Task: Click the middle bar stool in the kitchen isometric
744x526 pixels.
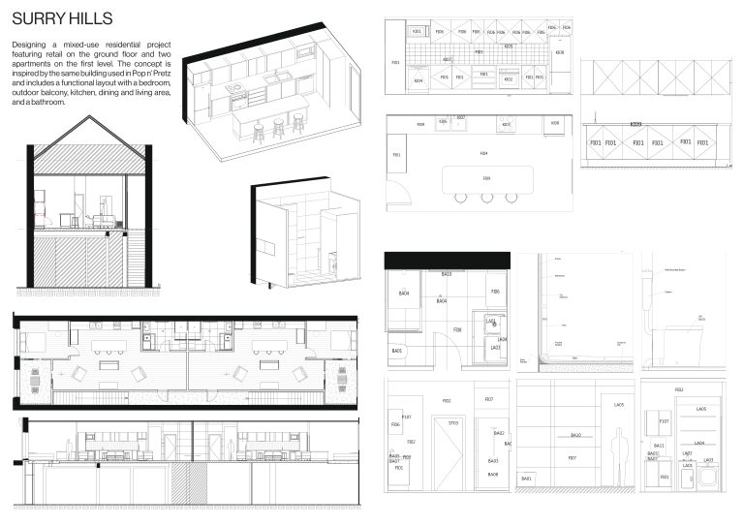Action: tap(279, 127)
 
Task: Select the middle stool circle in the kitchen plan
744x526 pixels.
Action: tap(486, 198)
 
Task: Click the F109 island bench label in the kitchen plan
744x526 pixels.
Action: tap(485, 178)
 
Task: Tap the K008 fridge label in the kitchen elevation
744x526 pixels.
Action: tap(559, 53)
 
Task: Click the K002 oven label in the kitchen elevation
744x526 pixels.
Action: tap(508, 79)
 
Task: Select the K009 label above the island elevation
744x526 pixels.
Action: tap(635, 124)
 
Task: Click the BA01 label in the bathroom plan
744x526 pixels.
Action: tap(396, 351)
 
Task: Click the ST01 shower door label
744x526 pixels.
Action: tap(452, 423)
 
